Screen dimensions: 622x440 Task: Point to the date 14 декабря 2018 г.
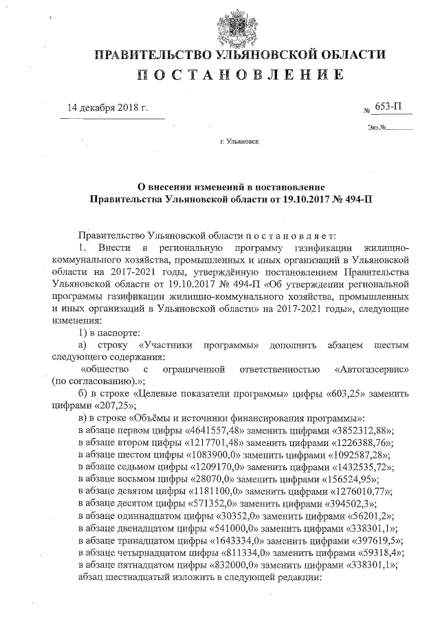tap(107, 108)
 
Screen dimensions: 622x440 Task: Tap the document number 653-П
tap(389, 108)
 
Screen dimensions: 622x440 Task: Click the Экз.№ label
tap(377, 127)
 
